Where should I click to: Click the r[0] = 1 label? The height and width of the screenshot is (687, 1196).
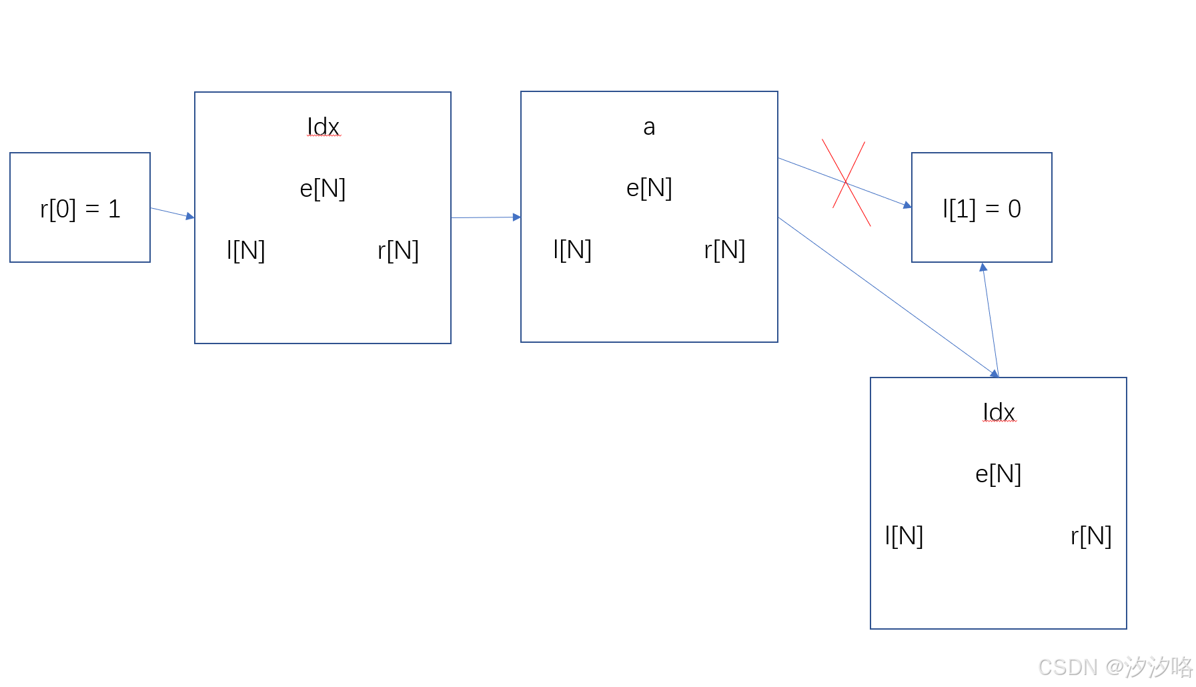coord(80,209)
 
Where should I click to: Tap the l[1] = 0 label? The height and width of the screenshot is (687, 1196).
coord(981,209)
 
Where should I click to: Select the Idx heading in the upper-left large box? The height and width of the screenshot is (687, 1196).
coord(324,126)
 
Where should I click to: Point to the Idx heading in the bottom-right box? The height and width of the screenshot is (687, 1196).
coord(999,412)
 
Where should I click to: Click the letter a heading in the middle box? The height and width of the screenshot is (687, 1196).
coord(649,127)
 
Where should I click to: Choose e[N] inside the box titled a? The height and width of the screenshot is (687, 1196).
coord(649,188)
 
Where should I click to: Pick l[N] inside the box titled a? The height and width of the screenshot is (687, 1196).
coord(572,249)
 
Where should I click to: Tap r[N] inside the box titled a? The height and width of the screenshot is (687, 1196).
coord(724,249)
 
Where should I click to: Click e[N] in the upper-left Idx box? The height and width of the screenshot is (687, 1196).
coord(323,189)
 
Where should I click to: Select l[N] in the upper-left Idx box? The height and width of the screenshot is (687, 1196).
coord(246,250)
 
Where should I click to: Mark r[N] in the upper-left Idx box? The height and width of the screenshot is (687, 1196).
coord(398,250)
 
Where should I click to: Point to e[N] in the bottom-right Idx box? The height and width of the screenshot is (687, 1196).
coord(998,474)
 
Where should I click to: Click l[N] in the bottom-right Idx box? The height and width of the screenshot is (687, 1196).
coord(904,536)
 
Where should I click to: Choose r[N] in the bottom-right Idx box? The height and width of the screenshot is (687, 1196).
coord(1091,536)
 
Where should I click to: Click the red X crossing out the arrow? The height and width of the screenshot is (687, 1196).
coord(846,182)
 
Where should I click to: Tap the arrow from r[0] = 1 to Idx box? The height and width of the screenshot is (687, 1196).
coord(172,213)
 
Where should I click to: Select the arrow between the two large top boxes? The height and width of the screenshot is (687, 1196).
coord(486,217)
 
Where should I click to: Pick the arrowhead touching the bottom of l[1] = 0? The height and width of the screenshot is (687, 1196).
coord(983,267)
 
